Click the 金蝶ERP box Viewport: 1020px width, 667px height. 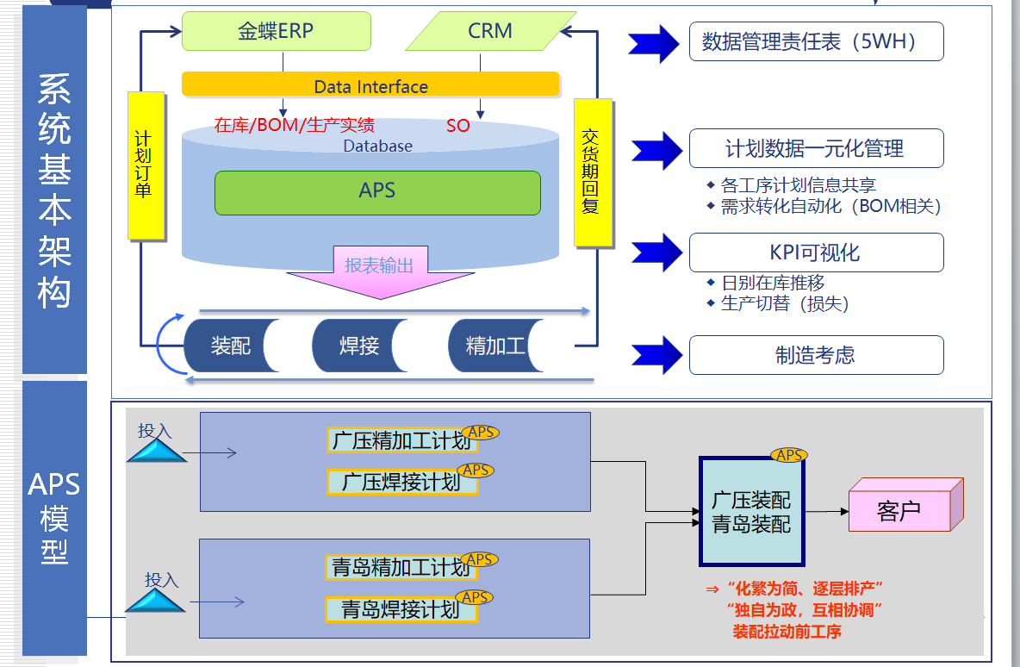point(276,32)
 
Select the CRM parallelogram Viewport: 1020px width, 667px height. point(489,32)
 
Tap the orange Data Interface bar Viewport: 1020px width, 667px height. point(370,85)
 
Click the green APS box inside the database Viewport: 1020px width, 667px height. point(377,191)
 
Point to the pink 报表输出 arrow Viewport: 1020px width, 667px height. point(378,271)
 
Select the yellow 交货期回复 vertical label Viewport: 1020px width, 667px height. point(592,171)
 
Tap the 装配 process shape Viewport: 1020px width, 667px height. point(231,346)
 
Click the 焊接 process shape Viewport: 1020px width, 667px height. point(358,346)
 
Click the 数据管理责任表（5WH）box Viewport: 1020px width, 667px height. point(816,41)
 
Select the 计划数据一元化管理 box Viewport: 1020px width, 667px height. point(816,148)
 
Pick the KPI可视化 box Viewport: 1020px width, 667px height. point(816,252)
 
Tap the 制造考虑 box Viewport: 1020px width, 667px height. point(816,355)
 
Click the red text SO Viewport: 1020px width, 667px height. point(458,126)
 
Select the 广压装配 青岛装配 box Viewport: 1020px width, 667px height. point(751,512)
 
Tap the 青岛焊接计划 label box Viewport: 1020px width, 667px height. point(401,609)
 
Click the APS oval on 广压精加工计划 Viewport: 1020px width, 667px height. point(481,432)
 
